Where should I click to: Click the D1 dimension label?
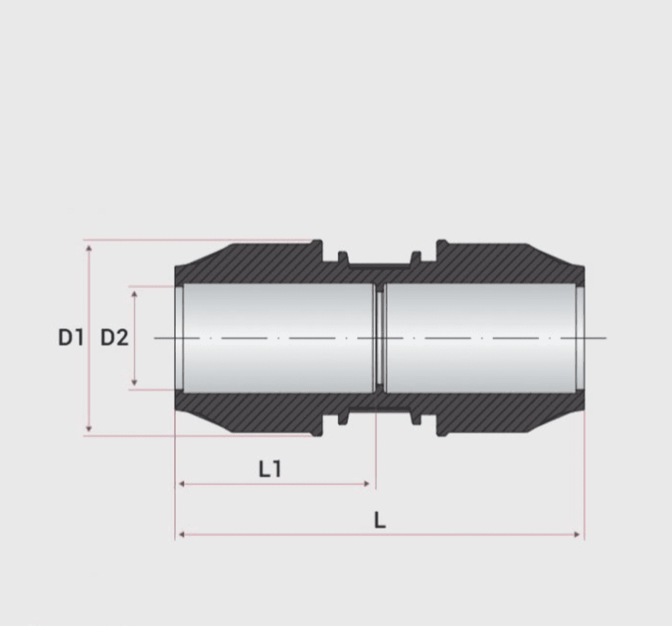(71, 337)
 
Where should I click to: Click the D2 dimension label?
(114, 337)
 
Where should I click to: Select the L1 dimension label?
(270, 468)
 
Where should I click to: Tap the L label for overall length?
(380, 520)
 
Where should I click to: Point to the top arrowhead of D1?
(89, 247)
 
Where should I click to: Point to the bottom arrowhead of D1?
(89, 428)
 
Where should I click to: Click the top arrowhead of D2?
(134, 293)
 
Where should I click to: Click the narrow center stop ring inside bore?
(380, 338)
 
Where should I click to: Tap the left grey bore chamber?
(278, 338)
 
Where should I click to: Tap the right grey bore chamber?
(480, 338)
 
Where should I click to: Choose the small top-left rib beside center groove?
(343, 258)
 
